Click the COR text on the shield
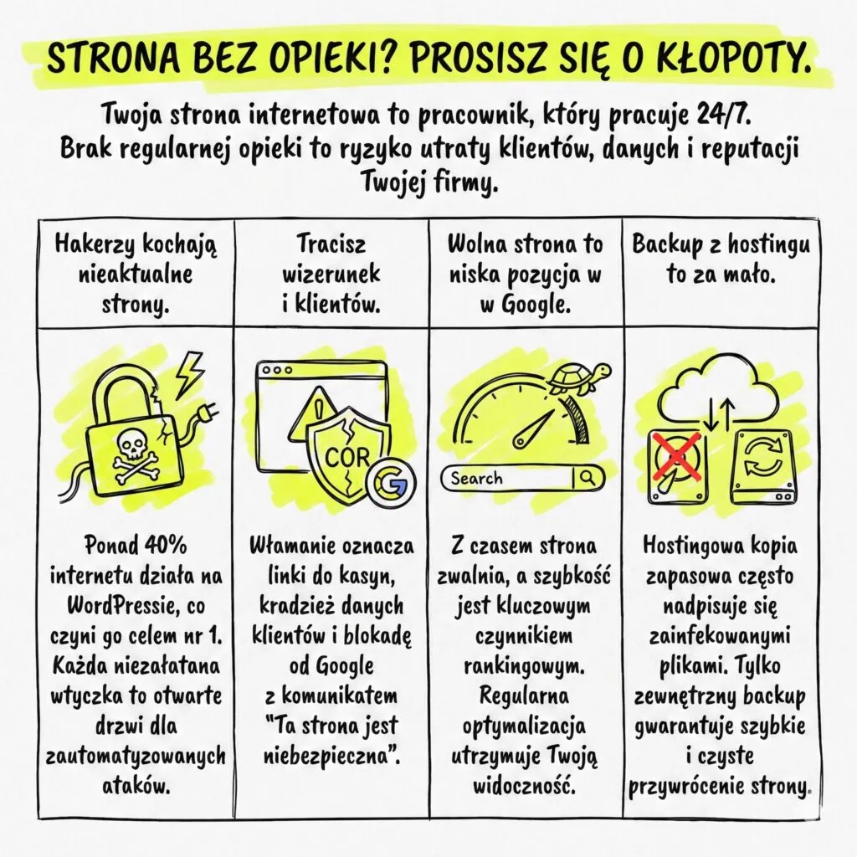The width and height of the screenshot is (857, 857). click(347, 457)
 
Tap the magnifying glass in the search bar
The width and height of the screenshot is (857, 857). click(588, 478)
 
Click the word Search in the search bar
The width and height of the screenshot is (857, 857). click(476, 479)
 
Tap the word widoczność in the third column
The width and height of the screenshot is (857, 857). click(524, 786)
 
